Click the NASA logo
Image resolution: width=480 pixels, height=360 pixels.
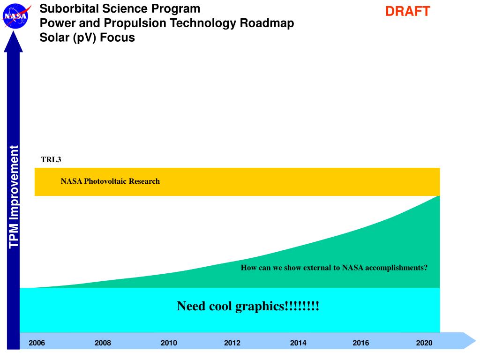click(16, 16)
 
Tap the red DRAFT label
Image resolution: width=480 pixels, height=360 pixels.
click(407, 12)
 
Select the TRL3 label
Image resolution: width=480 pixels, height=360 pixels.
click(51, 160)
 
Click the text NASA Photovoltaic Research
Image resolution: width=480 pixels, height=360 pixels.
click(110, 181)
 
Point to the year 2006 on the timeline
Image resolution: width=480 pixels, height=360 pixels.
click(37, 343)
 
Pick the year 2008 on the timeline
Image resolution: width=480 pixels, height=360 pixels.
click(103, 343)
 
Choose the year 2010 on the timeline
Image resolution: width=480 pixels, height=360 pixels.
click(169, 343)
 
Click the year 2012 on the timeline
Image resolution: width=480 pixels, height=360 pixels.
click(232, 343)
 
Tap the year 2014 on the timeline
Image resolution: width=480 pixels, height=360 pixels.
click(298, 343)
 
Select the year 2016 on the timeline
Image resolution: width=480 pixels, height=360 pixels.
click(361, 343)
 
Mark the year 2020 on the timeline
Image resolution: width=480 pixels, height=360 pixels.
click(424, 343)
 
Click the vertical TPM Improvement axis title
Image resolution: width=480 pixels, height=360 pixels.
click(14, 197)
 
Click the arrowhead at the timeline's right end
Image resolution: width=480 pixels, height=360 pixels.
click(469, 340)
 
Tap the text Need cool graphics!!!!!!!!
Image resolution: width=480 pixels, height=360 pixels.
click(248, 307)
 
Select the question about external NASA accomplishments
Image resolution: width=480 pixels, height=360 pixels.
click(334, 268)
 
